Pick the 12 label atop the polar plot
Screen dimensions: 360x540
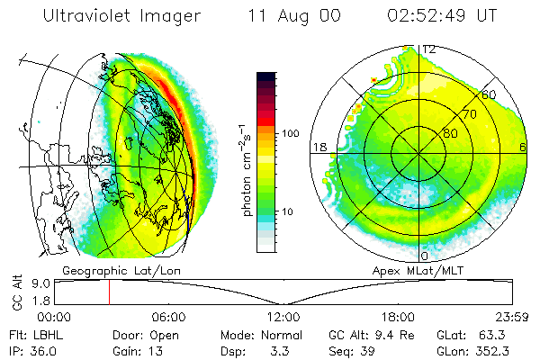(x=429, y=49)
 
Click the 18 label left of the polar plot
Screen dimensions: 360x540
(x=318, y=147)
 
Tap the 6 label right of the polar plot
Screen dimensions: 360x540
(x=523, y=147)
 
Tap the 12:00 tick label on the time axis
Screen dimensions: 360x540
(x=283, y=317)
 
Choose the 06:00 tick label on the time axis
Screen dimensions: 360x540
(x=168, y=317)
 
